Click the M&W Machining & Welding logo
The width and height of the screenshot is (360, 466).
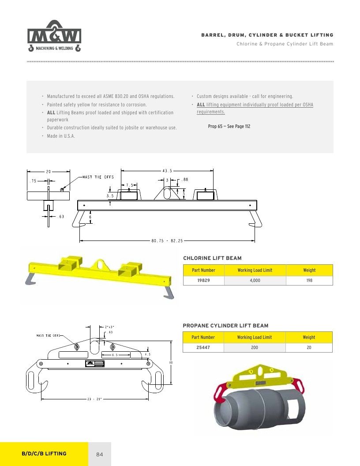54,36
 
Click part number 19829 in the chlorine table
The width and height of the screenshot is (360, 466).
203,280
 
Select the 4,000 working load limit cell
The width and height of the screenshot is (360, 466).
255,280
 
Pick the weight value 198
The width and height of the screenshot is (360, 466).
309,280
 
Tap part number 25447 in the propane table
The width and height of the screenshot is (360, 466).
203,347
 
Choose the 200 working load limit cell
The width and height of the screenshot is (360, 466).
255,347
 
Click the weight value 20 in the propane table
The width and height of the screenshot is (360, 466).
309,347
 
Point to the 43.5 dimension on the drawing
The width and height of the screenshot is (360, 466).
167,171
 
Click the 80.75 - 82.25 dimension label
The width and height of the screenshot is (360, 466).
167,241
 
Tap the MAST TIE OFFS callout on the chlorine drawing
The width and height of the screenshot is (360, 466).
98,177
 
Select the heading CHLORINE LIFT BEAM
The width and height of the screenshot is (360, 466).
212,258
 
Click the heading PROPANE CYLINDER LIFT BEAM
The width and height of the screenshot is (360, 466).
225,326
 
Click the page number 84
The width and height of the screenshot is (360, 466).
100,455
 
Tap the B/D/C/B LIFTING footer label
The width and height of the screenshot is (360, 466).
44,454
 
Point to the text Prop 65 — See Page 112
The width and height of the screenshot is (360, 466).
229,126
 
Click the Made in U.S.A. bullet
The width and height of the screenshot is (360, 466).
61,136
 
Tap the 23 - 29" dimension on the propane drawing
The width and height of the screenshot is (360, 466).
94,399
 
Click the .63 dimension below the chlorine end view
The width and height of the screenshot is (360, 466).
61,217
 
